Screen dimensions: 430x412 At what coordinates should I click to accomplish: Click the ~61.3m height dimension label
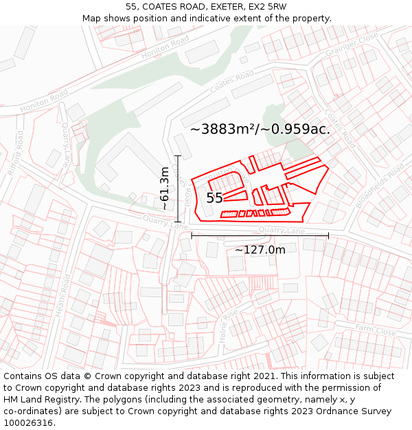coord(165,188)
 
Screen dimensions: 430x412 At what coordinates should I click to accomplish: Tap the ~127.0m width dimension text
coord(260,250)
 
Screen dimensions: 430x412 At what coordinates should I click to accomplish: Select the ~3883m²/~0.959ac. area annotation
coord(260,129)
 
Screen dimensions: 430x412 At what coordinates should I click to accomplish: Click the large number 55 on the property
coord(214,198)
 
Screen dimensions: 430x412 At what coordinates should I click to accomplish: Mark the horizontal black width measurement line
coord(260,235)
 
